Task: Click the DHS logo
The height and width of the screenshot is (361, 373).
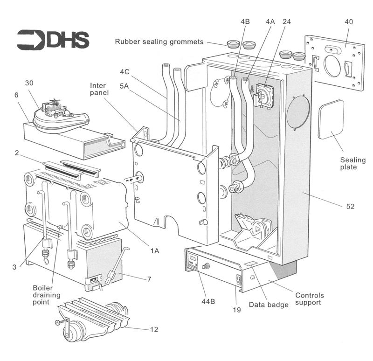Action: [53, 40]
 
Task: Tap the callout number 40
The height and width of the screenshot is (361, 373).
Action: [348, 21]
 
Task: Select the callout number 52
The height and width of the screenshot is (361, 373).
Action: [350, 206]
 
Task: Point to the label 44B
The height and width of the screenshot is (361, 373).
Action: [208, 301]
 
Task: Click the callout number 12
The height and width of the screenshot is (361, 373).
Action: [154, 329]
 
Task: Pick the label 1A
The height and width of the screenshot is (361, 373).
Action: [155, 250]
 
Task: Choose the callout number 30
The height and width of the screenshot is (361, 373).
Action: [29, 83]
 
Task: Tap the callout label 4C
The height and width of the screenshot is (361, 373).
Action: [124, 72]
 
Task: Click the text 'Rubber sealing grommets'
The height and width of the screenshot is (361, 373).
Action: [159, 42]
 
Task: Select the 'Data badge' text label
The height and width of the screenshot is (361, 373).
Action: [269, 305]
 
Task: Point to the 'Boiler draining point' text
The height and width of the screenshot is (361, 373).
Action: [46, 295]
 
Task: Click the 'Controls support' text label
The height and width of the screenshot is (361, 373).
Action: [310, 299]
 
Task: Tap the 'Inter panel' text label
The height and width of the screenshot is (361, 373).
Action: [99, 89]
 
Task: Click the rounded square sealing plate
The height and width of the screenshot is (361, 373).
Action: [331, 119]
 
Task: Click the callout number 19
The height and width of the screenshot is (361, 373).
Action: [237, 310]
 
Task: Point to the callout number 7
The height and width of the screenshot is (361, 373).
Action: [149, 279]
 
